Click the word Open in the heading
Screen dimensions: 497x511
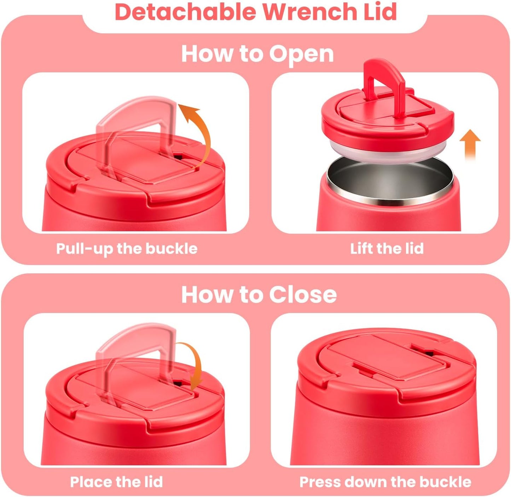point(301,54)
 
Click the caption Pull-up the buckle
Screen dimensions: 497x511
point(127,249)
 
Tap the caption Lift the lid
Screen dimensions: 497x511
point(387,249)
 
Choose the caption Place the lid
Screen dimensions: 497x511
point(116,482)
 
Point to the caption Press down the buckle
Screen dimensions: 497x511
point(385,482)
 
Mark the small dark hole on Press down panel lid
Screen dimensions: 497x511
point(429,353)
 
